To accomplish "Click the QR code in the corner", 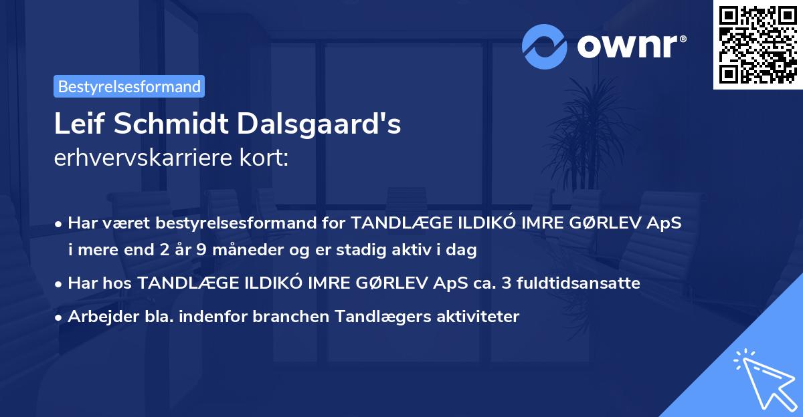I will point(757,45).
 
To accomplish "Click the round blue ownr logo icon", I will point(545,46).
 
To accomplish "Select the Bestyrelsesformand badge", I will point(129,86).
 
